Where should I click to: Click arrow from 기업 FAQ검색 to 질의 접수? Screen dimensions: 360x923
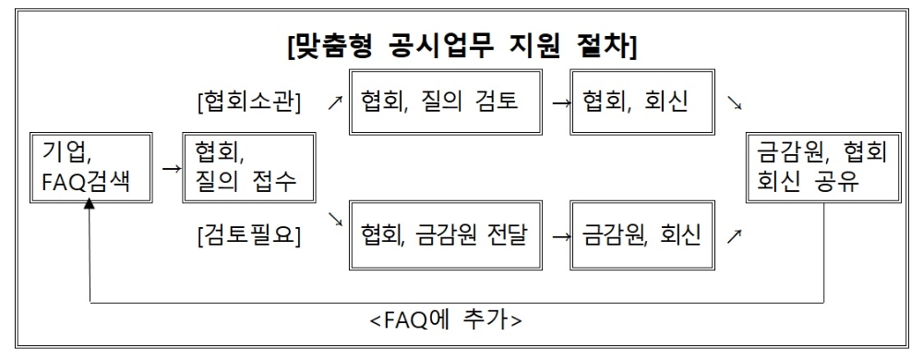coord(169,169)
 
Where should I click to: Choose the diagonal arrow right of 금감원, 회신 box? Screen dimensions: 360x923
coord(734,237)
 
